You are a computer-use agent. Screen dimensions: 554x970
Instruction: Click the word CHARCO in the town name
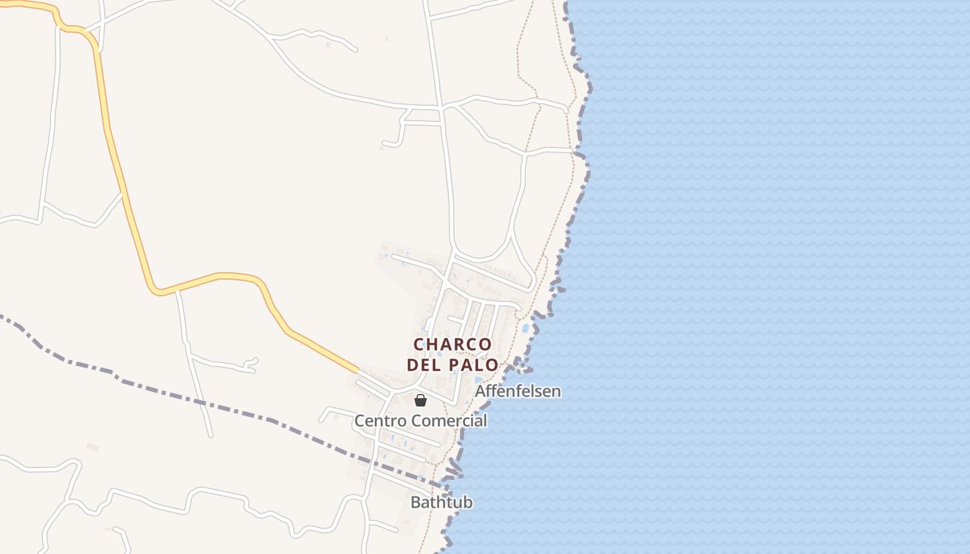(452, 344)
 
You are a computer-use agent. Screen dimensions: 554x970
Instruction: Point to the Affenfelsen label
(518, 391)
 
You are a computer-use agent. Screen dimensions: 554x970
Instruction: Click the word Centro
(381, 420)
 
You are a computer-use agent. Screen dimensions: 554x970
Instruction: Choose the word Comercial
(448, 420)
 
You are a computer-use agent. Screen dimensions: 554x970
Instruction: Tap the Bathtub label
(441, 502)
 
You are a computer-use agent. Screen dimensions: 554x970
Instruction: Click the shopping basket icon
(420, 400)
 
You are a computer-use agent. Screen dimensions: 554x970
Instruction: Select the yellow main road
(125, 187)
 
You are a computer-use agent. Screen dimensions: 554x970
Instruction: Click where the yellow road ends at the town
(358, 371)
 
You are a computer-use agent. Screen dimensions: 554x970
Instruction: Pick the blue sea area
(762, 277)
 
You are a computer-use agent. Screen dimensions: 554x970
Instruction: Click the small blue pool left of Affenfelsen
(478, 379)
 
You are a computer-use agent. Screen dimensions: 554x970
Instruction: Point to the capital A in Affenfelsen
(480, 391)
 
